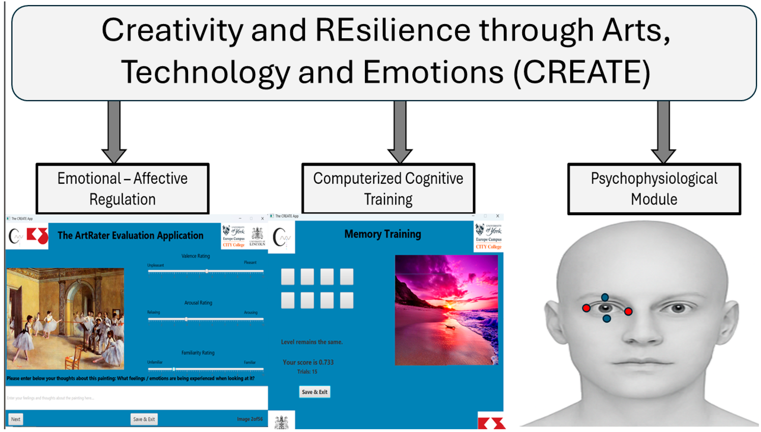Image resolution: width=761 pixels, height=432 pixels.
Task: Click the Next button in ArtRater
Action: click(15, 419)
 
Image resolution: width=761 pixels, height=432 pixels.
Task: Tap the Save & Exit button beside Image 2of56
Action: click(144, 419)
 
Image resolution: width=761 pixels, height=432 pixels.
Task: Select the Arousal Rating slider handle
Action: click(186, 319)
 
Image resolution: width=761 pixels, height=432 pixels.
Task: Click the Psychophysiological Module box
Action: click(654, 189)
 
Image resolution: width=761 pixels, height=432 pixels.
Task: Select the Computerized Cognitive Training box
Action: click(388, 189)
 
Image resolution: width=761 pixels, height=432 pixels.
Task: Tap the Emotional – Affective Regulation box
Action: click(123, 189)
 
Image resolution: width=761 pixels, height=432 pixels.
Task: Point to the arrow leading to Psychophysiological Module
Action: click(663, 131)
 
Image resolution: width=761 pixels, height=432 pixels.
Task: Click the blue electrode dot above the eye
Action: click(605, 297)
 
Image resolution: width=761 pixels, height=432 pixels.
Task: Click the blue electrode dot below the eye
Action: click(607, 319)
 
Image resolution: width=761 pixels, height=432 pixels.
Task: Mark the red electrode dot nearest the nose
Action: click(628, 311)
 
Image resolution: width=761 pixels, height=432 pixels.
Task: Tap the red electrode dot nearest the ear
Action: click(586, 308)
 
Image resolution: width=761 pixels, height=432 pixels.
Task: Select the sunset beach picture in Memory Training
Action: click(446, 310)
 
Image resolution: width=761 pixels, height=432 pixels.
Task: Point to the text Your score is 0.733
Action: click(308, 362)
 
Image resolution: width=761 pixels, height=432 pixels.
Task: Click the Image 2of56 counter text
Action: click(250, 419)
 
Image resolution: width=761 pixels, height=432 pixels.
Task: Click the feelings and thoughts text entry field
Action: click(136, 398)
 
